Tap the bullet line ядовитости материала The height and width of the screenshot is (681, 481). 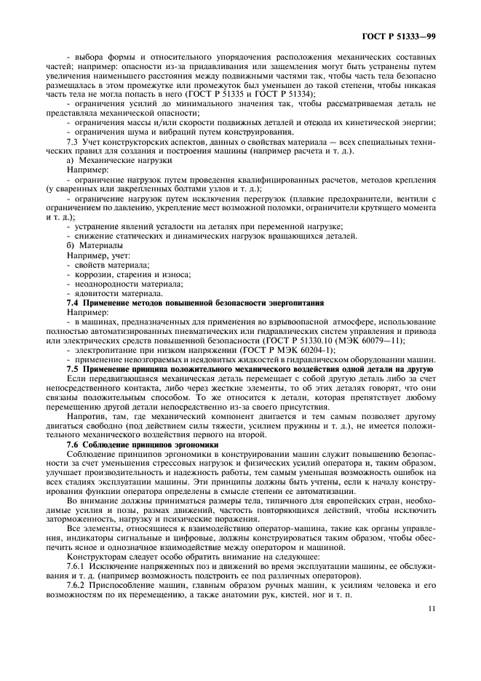(x=115, y=292)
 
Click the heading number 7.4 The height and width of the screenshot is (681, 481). (x=73, y=302)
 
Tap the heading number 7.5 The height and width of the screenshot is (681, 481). (x=73, y=369)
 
